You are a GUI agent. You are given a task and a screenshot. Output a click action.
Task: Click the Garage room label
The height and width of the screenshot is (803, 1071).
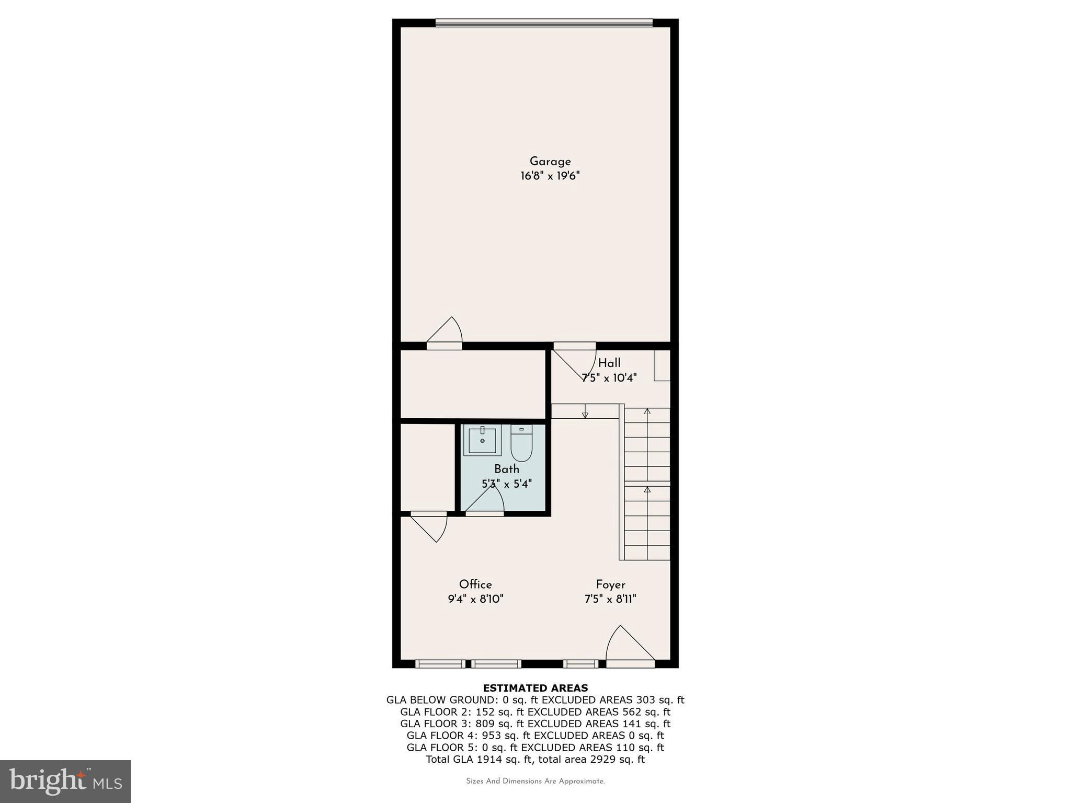pos(550,162)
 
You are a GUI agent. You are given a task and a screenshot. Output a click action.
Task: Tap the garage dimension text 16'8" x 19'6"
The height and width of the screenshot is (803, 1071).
pos(550,176)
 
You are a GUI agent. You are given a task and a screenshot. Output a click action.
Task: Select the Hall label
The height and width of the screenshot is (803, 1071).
pos(609,363)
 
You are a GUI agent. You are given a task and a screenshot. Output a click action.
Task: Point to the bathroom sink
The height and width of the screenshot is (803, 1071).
pos(482,440)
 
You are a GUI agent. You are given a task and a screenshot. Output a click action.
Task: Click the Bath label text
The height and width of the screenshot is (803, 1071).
pos(507,469)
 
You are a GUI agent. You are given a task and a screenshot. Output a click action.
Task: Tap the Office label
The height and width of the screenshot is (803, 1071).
pos(475,584)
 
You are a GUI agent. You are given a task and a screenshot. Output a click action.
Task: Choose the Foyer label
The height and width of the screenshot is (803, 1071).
pos(610,584)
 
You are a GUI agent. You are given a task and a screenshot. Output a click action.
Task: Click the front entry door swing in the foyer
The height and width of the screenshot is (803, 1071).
pos(628,646)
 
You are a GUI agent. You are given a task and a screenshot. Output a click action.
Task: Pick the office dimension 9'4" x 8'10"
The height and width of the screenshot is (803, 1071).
pos(475,599)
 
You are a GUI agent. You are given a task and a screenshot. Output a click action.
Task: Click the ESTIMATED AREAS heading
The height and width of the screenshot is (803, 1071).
pos(535,688)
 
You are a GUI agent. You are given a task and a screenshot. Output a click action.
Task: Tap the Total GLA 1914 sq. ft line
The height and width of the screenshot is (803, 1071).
pos(535,759)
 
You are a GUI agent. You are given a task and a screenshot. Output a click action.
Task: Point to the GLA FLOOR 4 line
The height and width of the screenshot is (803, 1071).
pos(535,736)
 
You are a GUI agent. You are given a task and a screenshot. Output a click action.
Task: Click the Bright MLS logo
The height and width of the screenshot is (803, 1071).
pos(65,781)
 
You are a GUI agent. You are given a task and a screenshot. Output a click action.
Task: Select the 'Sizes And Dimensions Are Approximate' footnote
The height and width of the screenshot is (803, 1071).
pos(535,781)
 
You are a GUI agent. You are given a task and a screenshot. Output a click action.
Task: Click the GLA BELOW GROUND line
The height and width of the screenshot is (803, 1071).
pos(535,700)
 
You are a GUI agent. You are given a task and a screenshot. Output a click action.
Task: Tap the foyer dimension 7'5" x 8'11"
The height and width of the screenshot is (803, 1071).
pos(610,599)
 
